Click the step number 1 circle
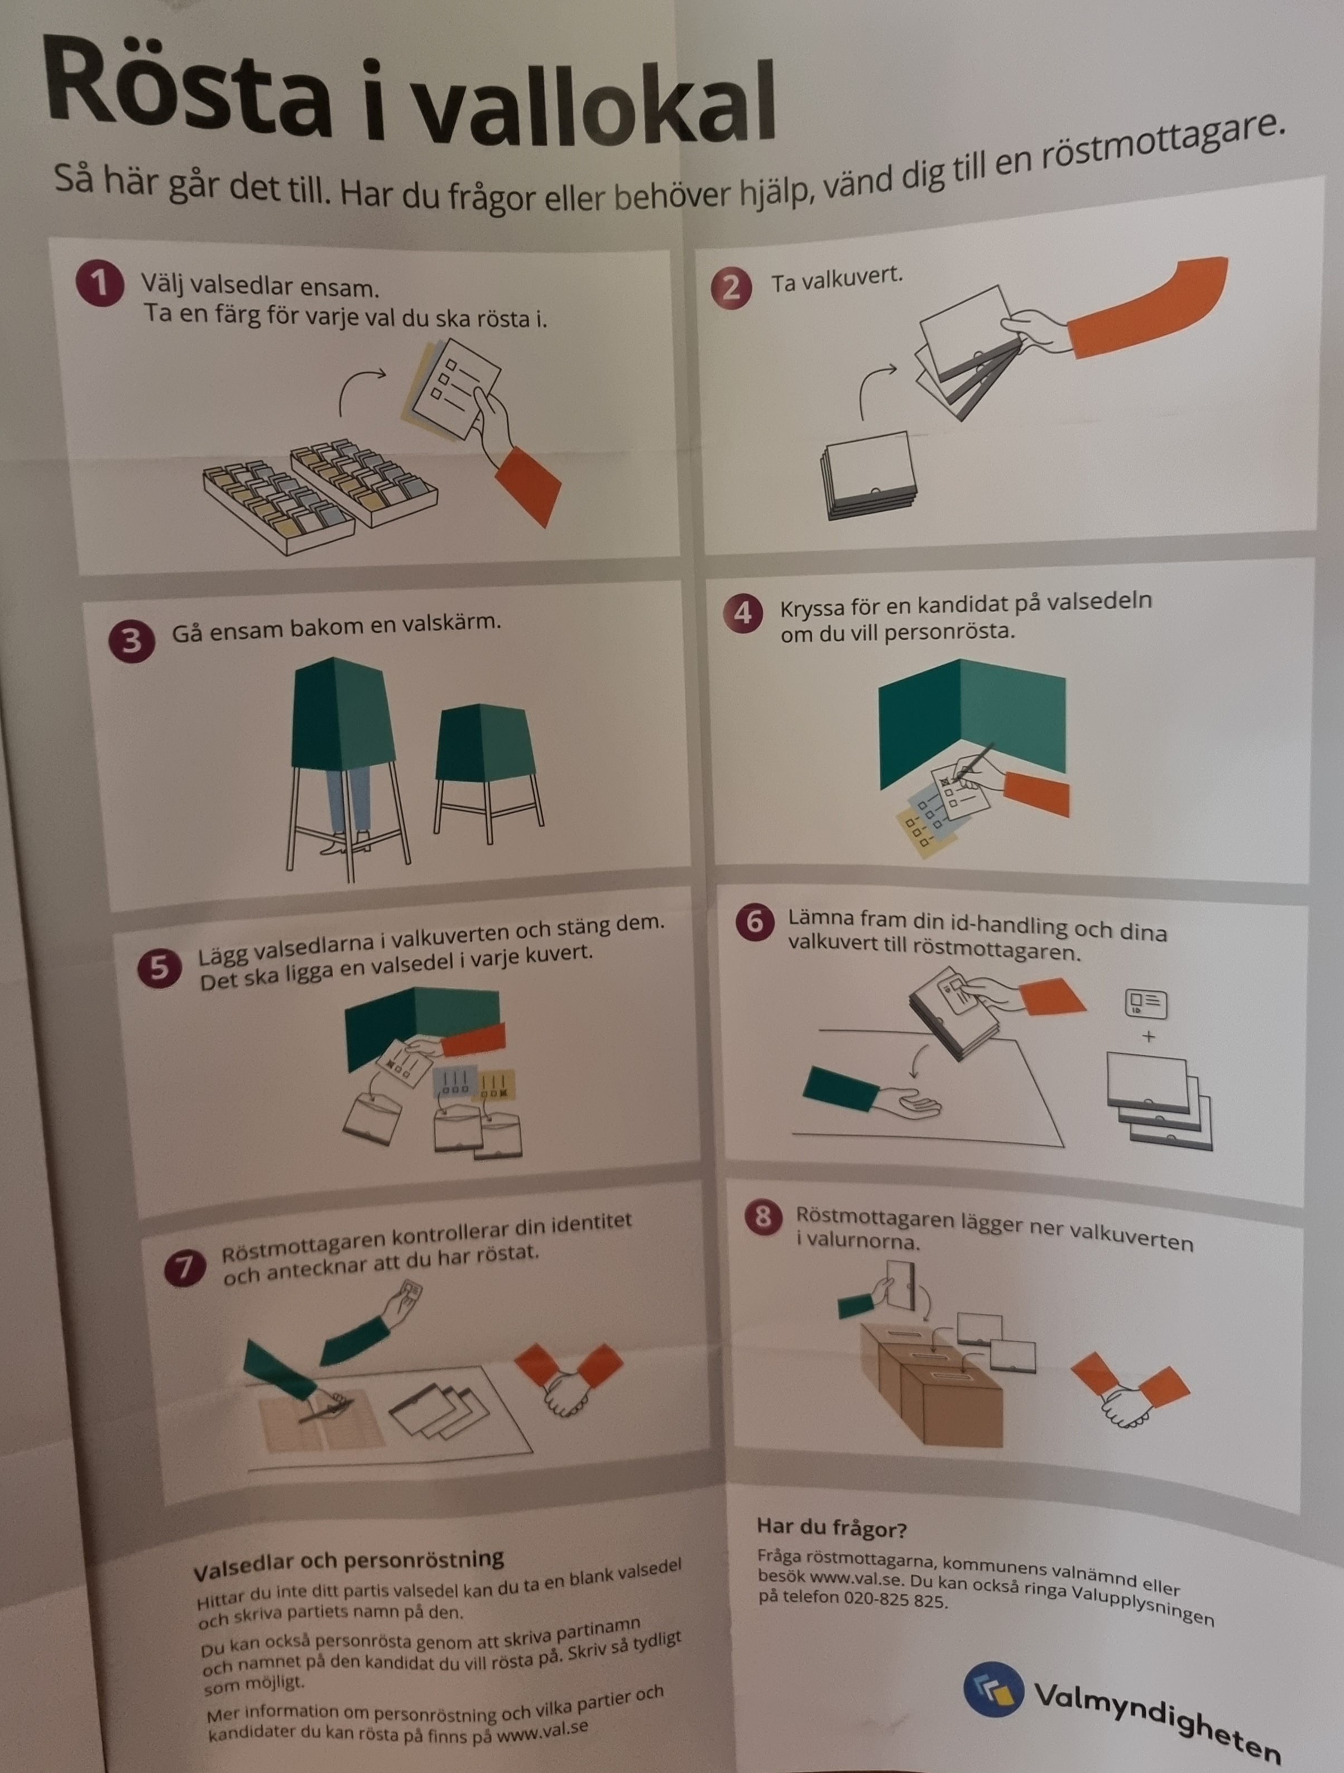[x=99, y=283]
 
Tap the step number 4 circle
[x=743, y=613]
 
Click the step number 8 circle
[x=763, y=1217]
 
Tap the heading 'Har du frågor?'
[x=831, y=1528]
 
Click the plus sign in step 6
[x=1149, y=1036]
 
